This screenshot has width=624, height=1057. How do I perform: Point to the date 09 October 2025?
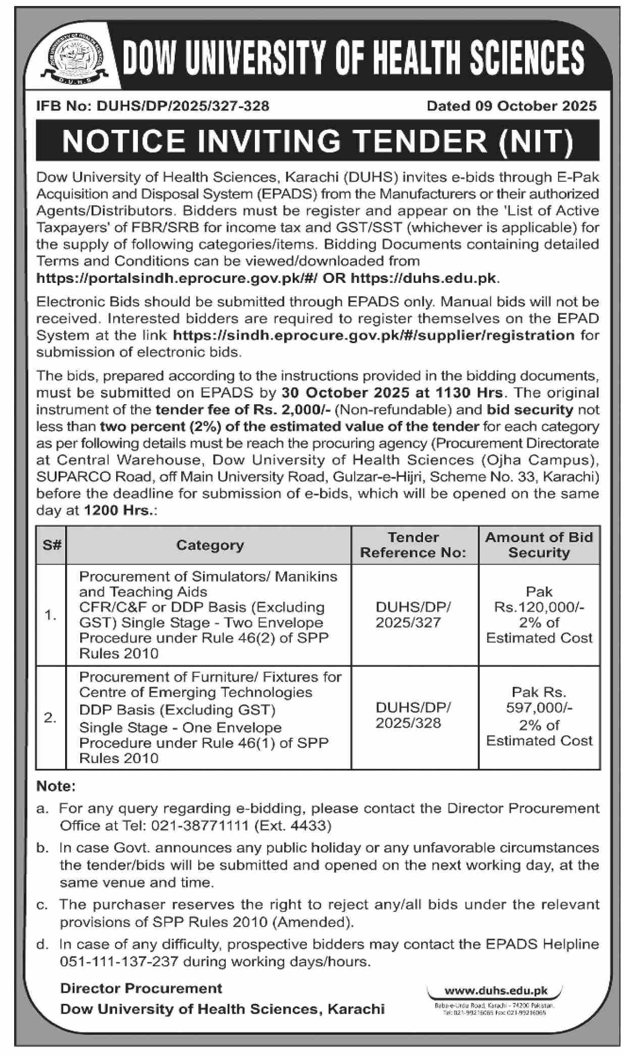(x=535, y=106)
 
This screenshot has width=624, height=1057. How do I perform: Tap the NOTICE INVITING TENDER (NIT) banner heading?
(x=318, y=141)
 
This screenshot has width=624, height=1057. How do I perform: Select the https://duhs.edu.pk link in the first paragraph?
(x=423, y=278)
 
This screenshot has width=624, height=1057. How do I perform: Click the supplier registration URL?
(x=374, y=335)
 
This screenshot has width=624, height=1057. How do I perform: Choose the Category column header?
(x=210, y=545)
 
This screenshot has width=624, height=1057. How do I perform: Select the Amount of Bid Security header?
(x=539, y=545)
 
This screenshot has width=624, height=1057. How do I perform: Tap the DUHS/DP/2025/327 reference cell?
(x=413, y=614)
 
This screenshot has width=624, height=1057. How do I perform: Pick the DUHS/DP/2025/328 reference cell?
(x=413, y=715)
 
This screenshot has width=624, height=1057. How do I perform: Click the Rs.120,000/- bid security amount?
(x=539, y=607)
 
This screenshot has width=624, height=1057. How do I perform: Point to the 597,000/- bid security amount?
(x=539, y=708)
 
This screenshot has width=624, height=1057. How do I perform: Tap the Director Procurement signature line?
(x=141, y=988)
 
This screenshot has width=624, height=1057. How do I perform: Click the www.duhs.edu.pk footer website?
(x=495, y=991)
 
